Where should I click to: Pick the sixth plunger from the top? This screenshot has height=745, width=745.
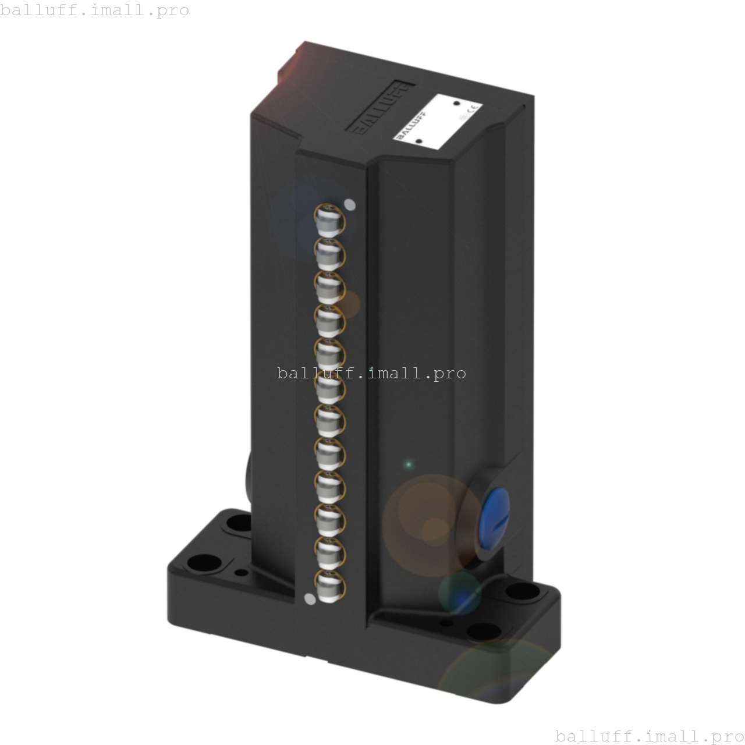(x=330, y=386)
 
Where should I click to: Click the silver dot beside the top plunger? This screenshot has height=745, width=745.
(x=350, y=204)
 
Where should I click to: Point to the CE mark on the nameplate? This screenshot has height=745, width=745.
(x=474, y=109)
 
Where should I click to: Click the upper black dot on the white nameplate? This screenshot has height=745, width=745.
(x=457, y=104)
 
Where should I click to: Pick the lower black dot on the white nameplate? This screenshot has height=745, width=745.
(x=418, y=141)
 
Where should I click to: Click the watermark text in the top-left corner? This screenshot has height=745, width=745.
(x=95, y=10)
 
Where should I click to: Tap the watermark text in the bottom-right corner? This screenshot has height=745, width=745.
(x=650, y=736)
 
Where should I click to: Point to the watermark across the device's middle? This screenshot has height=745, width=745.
(x=371, y=373)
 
